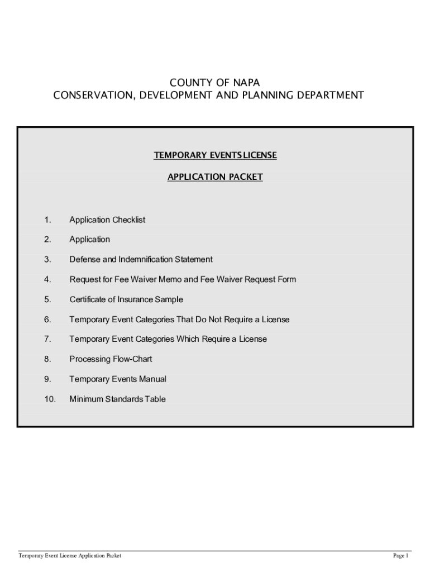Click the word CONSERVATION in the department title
[87, 96]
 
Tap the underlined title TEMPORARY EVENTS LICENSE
[215, 155]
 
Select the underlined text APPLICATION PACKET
[215, 177]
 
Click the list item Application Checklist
[107, 220]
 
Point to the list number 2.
[48, 240]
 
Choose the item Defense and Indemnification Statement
[141, 260]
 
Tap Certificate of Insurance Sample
[126, 299]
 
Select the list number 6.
[48, 320]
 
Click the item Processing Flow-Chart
[111, 359]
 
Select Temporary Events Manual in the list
[118, 379]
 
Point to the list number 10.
[50, 399]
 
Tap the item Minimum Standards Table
[117, 399]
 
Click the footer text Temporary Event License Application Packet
[70, 556]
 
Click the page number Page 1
[401, 556]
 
